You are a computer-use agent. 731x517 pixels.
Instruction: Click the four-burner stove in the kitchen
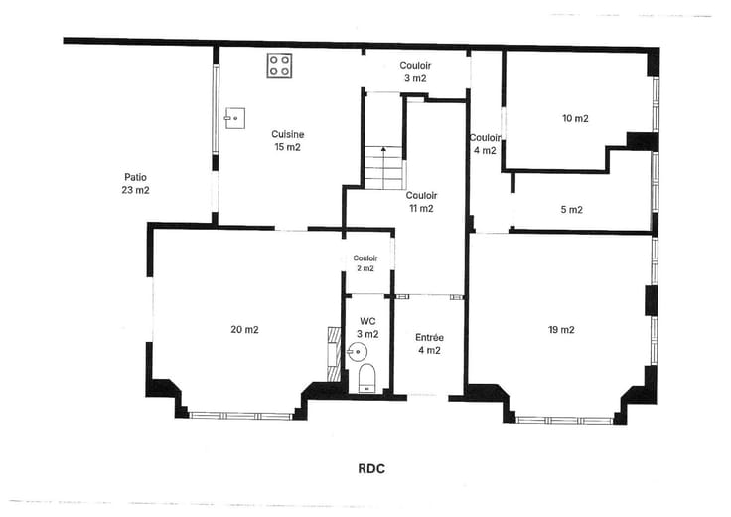[x=279, y=65]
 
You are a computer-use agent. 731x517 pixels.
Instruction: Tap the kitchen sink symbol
[x=235, y=118]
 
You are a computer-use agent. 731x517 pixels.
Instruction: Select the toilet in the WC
[x=366, y=378]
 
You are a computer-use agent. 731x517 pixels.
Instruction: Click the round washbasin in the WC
[x=357, y=351]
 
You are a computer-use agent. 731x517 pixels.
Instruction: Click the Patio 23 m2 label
[x=136, y=183]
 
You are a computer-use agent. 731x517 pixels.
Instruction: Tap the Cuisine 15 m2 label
[x=288, y=141]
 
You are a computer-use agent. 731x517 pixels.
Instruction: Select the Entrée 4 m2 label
[x=429, y=344]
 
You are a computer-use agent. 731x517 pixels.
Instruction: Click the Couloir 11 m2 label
[x=421, y=202]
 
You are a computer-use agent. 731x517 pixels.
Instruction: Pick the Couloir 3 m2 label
[x=415, y=72]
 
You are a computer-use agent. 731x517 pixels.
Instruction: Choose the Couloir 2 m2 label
[x=365, y=263]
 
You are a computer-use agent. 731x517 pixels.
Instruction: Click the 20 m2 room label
[x=244, y=330]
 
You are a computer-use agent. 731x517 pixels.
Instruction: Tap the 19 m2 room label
[x=561, y=330]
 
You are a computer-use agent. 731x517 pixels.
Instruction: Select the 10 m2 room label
[x=575, y=118]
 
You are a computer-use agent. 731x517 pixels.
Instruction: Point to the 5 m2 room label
[x=571, y=210]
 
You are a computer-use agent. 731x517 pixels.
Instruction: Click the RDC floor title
[x=371, y=468]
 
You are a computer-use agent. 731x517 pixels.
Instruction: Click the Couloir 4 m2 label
[x=485, y=144]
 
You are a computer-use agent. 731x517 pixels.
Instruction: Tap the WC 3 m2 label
[x=367, y=327]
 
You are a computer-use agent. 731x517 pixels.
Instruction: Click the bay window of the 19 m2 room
[x=564, y=421]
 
